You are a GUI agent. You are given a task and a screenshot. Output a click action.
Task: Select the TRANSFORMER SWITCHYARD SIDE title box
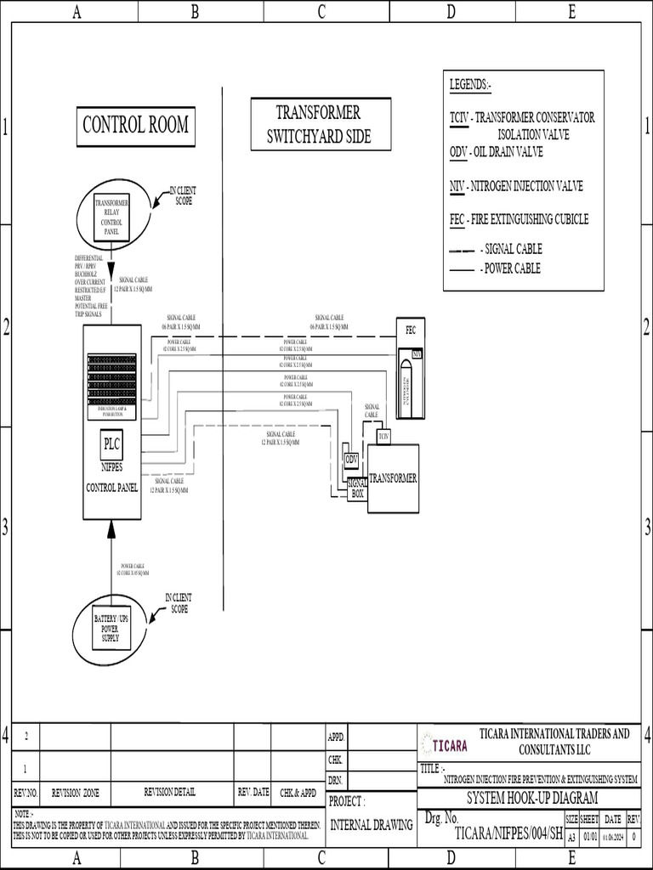pyautogui.click(x=321, y=124)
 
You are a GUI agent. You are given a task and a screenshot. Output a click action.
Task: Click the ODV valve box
pyautogui.click(x=350, y=459)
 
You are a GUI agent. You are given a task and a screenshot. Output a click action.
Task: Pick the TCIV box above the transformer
pyautogui.click(x=383, y=436)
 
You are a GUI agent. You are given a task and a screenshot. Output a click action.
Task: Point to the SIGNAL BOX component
pyautogui.click(x=357, y=488)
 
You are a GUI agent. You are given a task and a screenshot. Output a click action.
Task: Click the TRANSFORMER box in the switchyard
pyautogui.click(x=393, y=478)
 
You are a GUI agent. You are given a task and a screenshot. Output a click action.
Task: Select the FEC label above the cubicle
pyautogui.click(x=410, y=330)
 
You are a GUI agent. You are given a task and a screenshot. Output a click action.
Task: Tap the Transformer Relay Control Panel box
pyautogui.click(x=112, y=217)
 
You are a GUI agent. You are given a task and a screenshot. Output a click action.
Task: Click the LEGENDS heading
pyautogui.click(x=470, y=85)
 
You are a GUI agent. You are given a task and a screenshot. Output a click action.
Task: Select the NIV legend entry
pyautogui.click(x=515, y=186)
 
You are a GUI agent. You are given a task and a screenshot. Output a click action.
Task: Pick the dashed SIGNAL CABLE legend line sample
pyautogui.click(x=462, y=251)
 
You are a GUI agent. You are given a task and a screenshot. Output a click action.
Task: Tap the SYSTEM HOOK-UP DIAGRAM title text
pyautogui.click(x=532, y=798)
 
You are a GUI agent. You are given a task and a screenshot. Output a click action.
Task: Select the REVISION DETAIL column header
pyautogui.click(x=169, y=792)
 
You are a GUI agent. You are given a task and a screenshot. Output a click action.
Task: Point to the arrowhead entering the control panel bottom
pyautogui.click(x=111, y=528)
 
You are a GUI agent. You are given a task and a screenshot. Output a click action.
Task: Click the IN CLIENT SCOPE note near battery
pyautogui.click(x=178, y=604)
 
